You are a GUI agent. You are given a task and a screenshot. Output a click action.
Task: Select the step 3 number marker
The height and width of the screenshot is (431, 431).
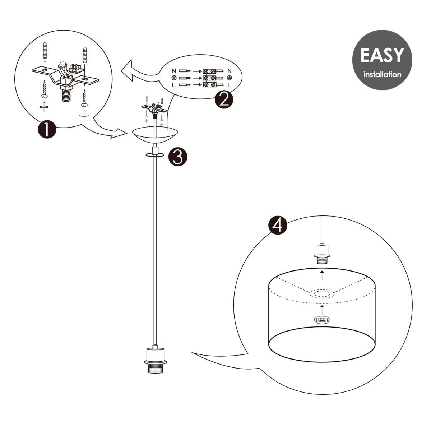click(x=178, y=157)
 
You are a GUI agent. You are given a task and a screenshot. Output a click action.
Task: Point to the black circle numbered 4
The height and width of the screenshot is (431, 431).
click(x=278, y=225)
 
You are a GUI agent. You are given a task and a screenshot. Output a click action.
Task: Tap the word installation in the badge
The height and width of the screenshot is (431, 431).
click(x=382, y=75)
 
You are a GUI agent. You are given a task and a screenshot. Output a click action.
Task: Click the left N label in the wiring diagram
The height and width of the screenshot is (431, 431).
click(x=174, y=71)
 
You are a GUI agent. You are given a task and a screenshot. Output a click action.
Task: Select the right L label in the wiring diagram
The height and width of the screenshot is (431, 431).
click(x=229, y=85)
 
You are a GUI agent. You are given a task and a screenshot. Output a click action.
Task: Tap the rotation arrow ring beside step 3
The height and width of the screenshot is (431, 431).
click(x=155, y=154)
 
